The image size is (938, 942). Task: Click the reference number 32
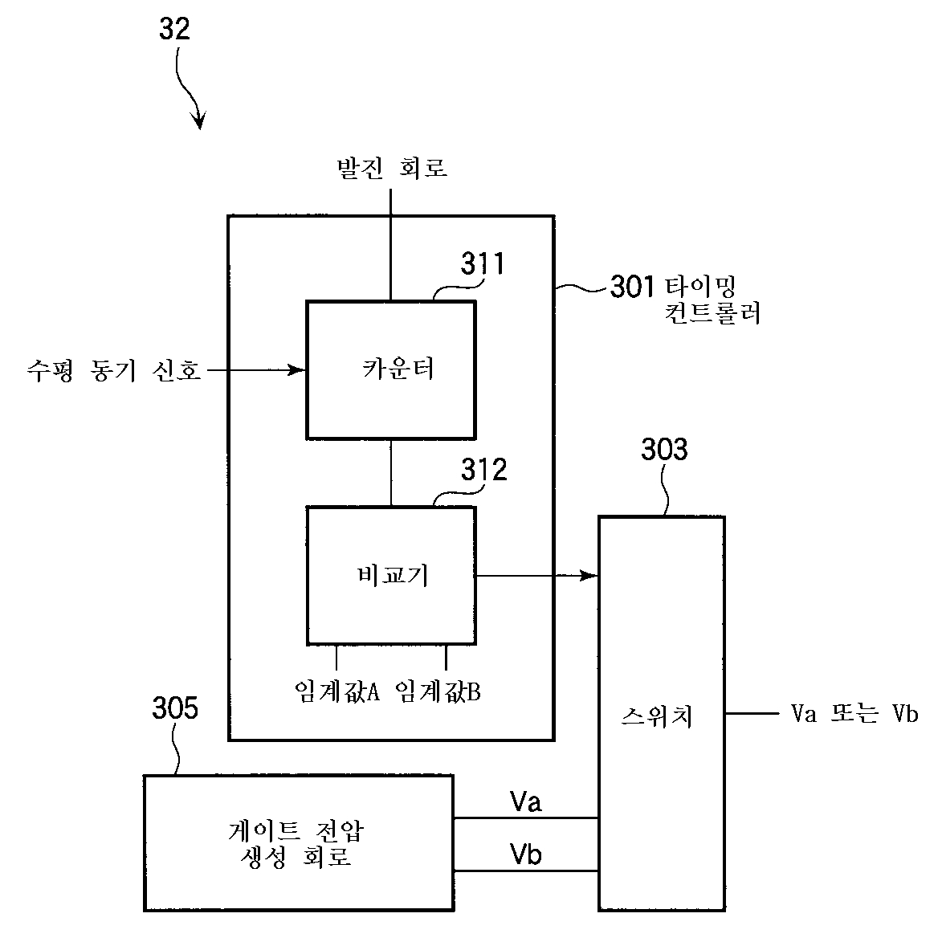175,30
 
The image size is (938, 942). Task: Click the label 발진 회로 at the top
391,168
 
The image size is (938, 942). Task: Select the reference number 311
483,263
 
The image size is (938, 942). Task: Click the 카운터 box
391,369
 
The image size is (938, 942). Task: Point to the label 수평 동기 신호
113,370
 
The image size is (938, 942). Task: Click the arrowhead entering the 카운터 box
299,370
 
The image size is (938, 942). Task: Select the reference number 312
483,470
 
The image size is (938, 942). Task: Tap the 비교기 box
391,575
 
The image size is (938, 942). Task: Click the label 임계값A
336,691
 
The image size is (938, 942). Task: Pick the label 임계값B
438,691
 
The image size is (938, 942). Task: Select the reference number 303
664,450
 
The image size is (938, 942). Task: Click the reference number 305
175,709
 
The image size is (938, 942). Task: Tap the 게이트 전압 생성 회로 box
298,842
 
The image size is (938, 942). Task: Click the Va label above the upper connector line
526,801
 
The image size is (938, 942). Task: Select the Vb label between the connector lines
526,854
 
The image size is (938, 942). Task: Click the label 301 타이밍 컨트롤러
685,299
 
